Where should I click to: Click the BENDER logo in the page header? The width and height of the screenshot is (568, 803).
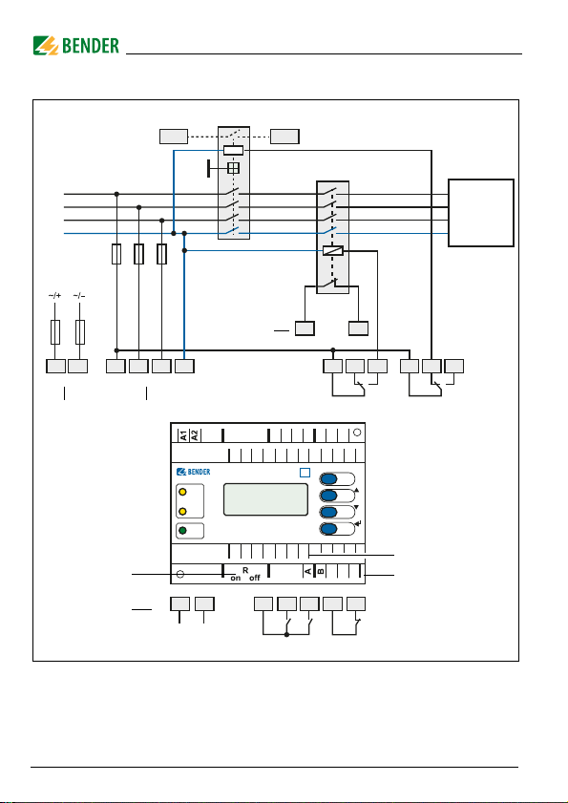(75, 46)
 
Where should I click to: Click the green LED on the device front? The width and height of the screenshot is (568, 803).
(182, 531)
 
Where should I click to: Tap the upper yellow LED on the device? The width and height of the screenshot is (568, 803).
(182, 492)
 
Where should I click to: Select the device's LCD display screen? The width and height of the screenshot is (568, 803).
(265, 499)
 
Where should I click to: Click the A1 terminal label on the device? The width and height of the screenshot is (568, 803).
(183, 435)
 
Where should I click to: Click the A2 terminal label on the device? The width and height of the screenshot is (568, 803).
(195, 435)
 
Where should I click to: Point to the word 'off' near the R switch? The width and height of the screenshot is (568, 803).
(255, 579)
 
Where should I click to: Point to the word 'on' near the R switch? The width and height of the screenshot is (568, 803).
(236, 579)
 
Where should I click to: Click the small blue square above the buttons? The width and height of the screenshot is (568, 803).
(305, 473)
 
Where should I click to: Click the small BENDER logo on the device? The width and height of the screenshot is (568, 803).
(193, 472)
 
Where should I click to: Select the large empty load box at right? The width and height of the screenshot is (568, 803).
(481, 213)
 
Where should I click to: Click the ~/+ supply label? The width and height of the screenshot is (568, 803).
(54, 295)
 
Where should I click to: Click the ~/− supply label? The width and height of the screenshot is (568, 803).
(79, 295)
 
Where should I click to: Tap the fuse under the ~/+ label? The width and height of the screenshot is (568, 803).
(55, 332)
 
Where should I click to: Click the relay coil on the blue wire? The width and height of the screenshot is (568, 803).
(333, 251)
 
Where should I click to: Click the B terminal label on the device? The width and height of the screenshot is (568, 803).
(321, 571)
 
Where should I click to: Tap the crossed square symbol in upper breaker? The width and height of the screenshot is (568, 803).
(234, 168)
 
